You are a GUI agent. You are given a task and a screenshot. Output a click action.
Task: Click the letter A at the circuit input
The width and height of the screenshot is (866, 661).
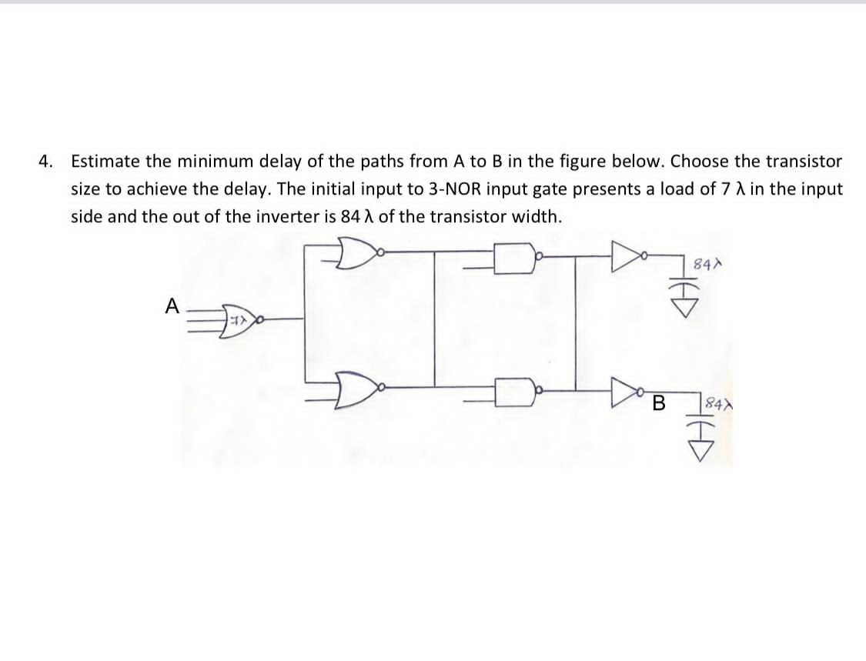click(x=172, y=306)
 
